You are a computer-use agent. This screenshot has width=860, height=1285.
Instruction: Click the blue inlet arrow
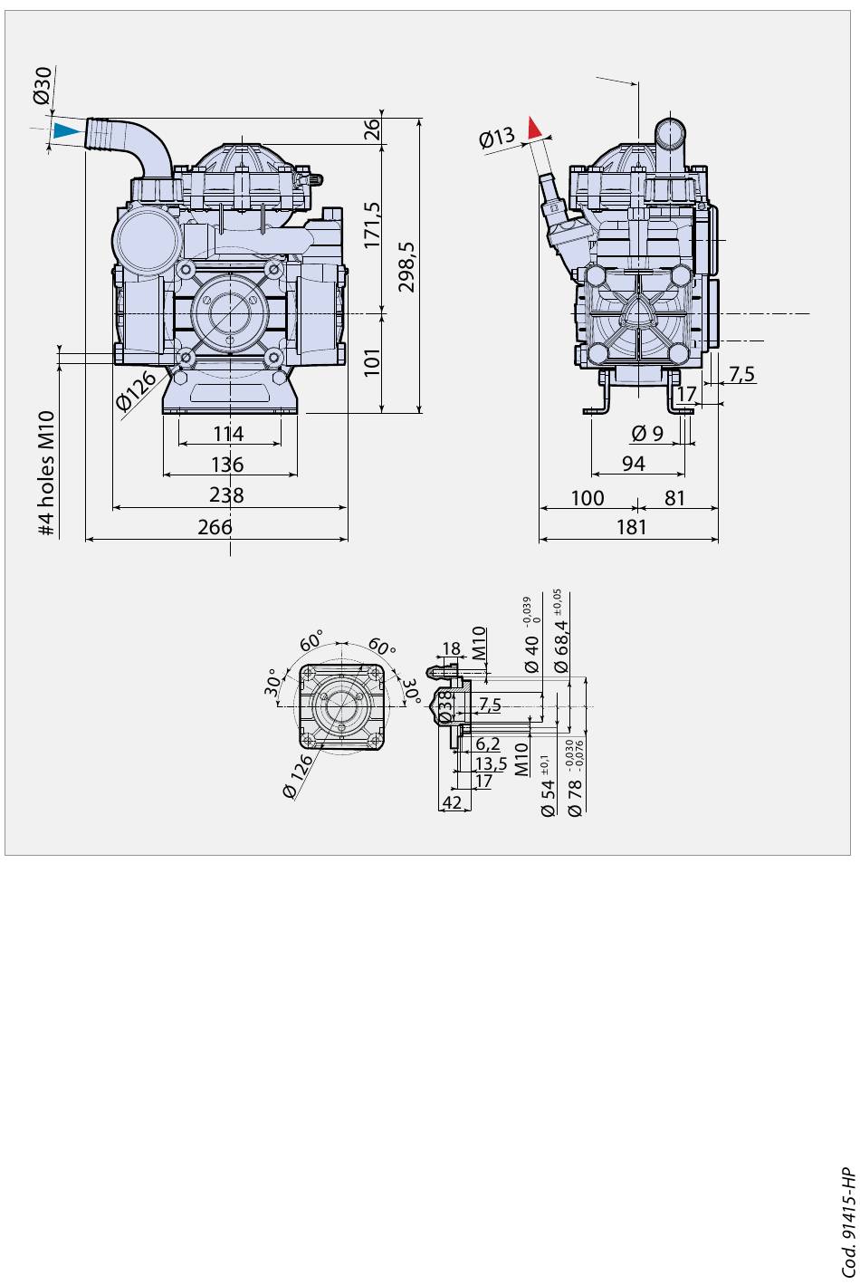tap(65, 130)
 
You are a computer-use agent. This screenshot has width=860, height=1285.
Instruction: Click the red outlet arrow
tap(534, 127)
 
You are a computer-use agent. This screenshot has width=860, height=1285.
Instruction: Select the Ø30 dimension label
tap(43, 85)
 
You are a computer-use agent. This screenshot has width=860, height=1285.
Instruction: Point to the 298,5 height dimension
tap(406, 267)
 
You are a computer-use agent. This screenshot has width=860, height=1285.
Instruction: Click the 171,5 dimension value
tap(373, 225)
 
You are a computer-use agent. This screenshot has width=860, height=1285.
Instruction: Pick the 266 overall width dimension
tap(215, 527)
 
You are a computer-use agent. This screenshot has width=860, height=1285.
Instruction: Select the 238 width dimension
tap(226, 494)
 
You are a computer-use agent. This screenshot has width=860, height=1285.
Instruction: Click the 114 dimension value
tap(229, 433)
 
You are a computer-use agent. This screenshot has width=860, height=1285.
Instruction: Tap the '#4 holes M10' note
tap(47, 473)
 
